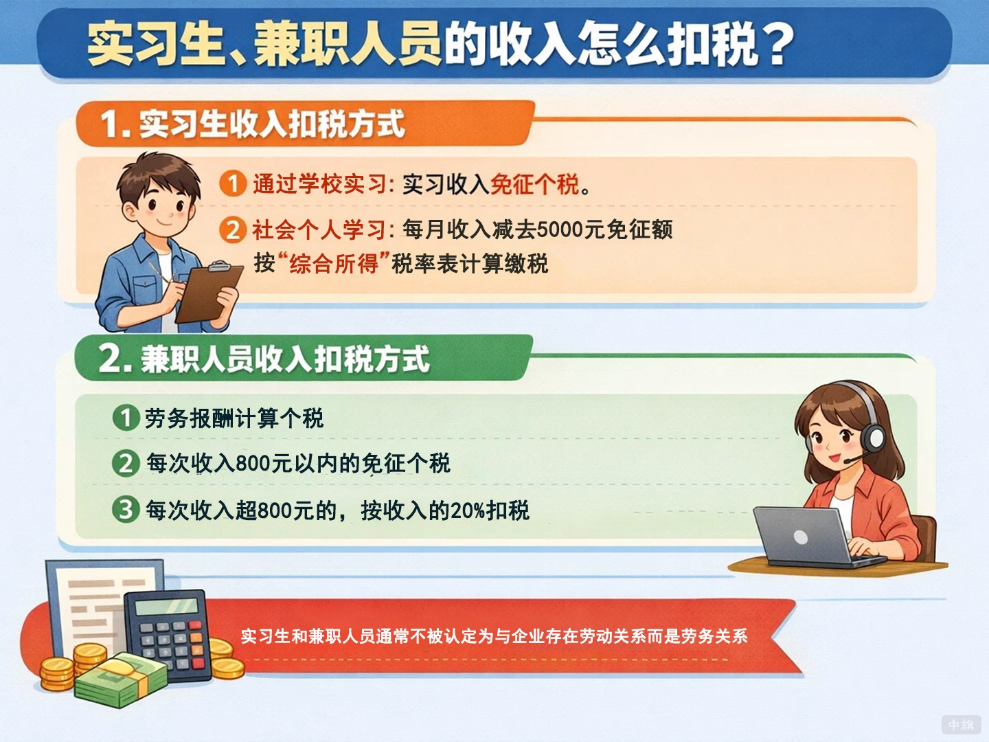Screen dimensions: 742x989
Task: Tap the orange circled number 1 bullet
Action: coord(233,183)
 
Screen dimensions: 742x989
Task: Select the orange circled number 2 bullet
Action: coord(233,229)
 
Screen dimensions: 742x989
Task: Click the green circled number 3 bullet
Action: coord(126,510)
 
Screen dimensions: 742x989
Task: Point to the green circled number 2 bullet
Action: coord(126,463)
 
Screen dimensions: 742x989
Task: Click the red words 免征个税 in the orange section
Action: coord(534,184)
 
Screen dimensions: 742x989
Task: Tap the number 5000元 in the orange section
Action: coord(559,229)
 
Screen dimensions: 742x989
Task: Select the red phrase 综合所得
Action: coord(334,263)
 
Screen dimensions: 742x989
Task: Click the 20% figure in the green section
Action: coord(468,510)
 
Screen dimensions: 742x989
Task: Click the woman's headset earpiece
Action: coord(874,436)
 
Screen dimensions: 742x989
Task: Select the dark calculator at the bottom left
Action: coord(168,632)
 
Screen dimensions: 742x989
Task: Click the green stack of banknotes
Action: coord(120,680)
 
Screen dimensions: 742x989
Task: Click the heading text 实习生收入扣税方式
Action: coord(272,124)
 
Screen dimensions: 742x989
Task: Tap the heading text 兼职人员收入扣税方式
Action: coord(285,359)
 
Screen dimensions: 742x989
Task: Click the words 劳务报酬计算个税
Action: coord(234,418)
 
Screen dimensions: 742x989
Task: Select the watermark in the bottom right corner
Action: coord(961,724)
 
